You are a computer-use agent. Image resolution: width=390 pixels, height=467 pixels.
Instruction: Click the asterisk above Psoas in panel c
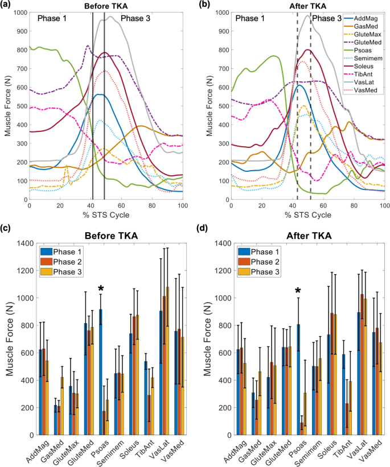pos(101,290)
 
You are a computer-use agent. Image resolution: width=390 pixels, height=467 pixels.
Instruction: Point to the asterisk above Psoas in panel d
pos(297,291)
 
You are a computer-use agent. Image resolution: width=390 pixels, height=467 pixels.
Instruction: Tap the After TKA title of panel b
pos(308,5)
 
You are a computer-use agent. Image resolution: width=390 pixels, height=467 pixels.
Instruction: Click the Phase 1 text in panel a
pos(53,19)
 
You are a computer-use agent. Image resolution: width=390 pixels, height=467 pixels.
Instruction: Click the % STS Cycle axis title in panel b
pos(307,214)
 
